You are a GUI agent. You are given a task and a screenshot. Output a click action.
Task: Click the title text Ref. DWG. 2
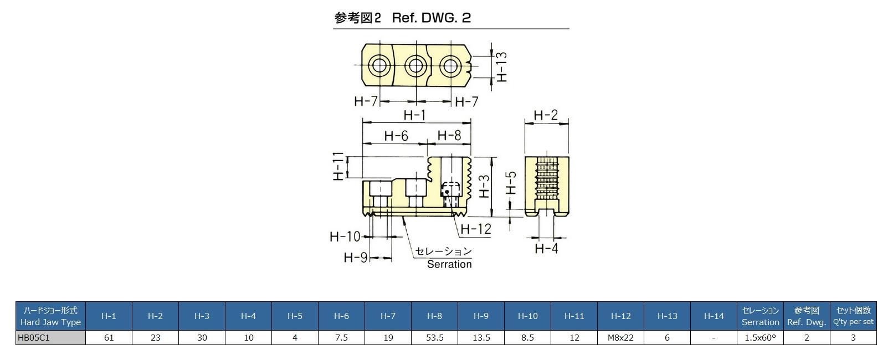pos(431,18)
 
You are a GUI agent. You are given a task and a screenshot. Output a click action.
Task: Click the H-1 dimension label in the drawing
pos(414,115)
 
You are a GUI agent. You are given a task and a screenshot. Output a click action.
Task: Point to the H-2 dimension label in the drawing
pos(546,115)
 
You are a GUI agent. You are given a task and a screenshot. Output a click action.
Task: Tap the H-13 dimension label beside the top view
pos(502,67)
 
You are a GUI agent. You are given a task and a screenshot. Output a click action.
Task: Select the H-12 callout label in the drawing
pos(476,229)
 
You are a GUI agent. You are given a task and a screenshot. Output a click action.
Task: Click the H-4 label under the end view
pos(546,249)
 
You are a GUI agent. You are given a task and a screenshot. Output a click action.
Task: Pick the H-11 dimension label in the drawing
pos(339,166)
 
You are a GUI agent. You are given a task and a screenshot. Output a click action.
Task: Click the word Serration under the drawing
pos(449,264)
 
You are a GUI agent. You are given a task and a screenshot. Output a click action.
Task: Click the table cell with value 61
pos(109,337)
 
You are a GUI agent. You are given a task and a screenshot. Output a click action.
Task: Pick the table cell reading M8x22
pos(620,337)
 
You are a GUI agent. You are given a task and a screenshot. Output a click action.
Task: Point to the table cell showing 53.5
pos(434,337)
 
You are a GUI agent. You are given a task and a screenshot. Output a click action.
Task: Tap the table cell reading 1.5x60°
pos(760,337)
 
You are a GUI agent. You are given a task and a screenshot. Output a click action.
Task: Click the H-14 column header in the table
pos(714,316)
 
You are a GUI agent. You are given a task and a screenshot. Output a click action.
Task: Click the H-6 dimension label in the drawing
pos(396,136)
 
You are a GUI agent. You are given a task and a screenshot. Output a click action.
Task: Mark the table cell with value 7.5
pos(341,337)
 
